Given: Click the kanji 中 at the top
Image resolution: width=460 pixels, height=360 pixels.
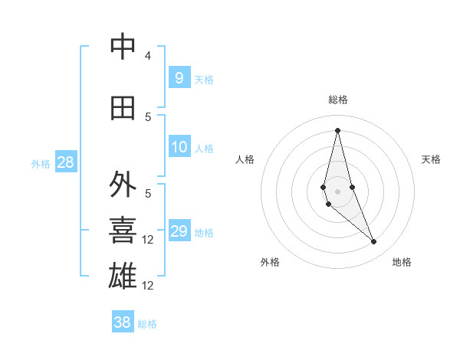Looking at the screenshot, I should [123, 47].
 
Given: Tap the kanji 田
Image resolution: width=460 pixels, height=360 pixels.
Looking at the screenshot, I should [123, 108].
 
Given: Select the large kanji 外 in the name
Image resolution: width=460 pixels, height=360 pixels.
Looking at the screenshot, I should [123, 185].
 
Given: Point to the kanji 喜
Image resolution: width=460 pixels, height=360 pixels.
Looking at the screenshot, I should [123, 231].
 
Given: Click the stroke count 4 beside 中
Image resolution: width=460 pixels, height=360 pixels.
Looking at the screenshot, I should [148, 56].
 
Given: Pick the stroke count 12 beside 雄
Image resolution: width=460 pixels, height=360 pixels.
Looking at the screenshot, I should [149, 286].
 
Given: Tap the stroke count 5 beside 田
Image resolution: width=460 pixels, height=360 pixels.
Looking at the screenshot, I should [148, 116].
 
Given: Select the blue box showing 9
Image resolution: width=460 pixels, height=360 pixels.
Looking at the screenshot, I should [179, 78].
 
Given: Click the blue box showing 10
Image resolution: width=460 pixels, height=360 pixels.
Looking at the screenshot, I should [179, 147].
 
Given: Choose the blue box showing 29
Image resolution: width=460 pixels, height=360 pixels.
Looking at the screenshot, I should [179, 231].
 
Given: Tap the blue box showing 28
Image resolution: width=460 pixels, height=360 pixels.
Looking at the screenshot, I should [65, 162].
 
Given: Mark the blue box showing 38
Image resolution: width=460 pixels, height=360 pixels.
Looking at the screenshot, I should [123, 322].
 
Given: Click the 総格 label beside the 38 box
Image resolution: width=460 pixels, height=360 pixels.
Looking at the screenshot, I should [148, 324].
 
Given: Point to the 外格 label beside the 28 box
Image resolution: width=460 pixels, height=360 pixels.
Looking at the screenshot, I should [41, 164].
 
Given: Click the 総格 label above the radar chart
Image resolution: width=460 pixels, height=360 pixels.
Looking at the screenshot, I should [337, 100].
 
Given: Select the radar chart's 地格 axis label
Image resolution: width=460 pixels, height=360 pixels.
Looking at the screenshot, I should [402, 263].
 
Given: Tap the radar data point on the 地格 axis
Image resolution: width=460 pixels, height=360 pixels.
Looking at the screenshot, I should [374, 242].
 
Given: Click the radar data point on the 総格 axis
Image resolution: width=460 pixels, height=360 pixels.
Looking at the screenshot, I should [337, 129].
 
